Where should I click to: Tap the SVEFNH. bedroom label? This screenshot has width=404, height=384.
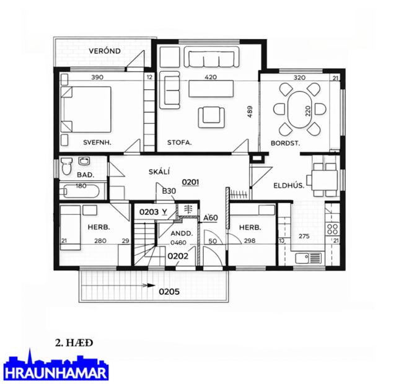(x=97, y=142)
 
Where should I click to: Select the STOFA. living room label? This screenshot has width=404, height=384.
(x=179, y=142)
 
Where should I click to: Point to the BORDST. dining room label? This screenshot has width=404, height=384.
(x=285, y=142)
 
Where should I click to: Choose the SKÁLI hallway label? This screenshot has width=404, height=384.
(x=159, y=172)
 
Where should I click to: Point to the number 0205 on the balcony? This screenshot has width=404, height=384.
(x=169, y=290)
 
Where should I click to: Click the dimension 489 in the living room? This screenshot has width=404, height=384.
(x=250, y=112)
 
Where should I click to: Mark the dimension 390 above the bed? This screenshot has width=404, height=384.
(x=97, y=77)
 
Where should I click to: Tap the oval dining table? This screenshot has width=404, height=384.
(x=300, y=110)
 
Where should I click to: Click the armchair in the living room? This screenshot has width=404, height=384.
(x=211, y=115)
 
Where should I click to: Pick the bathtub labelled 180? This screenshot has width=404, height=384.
(x=81, y=190)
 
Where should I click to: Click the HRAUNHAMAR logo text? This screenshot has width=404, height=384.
(x=56, y=373)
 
